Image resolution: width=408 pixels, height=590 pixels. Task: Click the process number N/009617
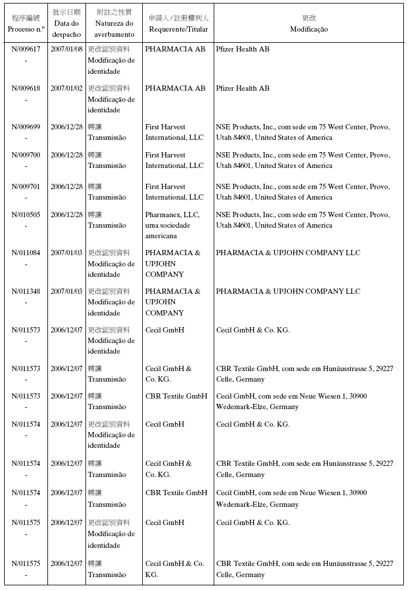pyautogui.click(x=26, y=49)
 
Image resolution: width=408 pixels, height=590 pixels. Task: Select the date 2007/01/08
pyautogui.click(x=66, y=49)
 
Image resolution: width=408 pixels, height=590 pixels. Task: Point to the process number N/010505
pyautogui.click(x=26, y=215)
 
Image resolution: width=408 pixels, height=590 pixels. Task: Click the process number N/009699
pyautogui.click(x=26, y=127)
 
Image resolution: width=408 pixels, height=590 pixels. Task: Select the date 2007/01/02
pyautogui.click(x=66, y=88)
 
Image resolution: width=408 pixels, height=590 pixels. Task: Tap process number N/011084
pyautogui.click(x=26, y=253)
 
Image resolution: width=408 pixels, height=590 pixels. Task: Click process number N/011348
pyautogui.click(x=26, y=291)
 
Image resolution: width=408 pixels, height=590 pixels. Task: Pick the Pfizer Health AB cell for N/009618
pyautogui.click(x=242, y=88)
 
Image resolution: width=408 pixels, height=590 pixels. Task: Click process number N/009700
pyautogui.click(x=26, y=155)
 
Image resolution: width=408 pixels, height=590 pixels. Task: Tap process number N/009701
pyautogui.click(x=26, y=187)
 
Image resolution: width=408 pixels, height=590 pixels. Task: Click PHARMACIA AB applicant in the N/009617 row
pyautogui.click(x=175, y=49)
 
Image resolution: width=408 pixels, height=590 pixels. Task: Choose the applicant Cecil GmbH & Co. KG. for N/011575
pyautogui.click(x=174, y=569)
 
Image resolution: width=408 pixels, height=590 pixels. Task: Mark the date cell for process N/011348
pyautogui.click(x=66, y=291)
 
